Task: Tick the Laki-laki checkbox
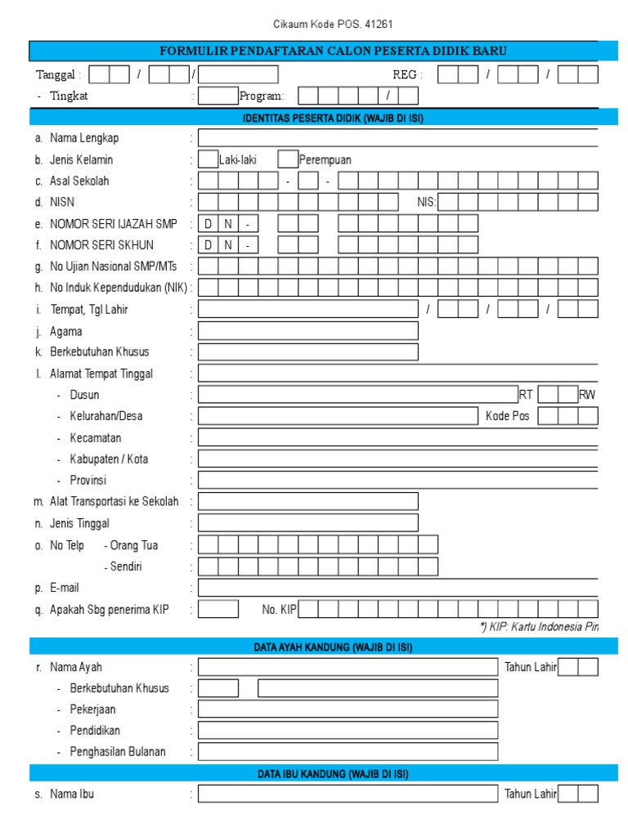pos(209,159)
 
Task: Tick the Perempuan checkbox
pos(288,159)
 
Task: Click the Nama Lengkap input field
pos(397,138)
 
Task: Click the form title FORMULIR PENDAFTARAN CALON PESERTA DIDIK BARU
pos(334,51)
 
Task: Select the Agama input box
pos(308,330)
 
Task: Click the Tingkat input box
pos(218,96)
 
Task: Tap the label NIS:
pos(427,203)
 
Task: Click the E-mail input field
pos(397,588)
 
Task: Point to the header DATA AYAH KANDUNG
pos(333,647)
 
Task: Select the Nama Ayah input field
pos(348,667)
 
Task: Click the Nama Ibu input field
pos(348,794)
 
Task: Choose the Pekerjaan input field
pos(348,709)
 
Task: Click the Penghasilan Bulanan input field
pos(348,752)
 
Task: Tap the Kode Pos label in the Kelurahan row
pos(508,416)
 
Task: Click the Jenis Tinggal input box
pos(308,523)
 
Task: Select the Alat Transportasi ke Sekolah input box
pos(308,502)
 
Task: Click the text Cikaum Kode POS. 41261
pos(327,25)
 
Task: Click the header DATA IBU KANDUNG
pos(333,773)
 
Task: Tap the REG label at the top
pos(407,75)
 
